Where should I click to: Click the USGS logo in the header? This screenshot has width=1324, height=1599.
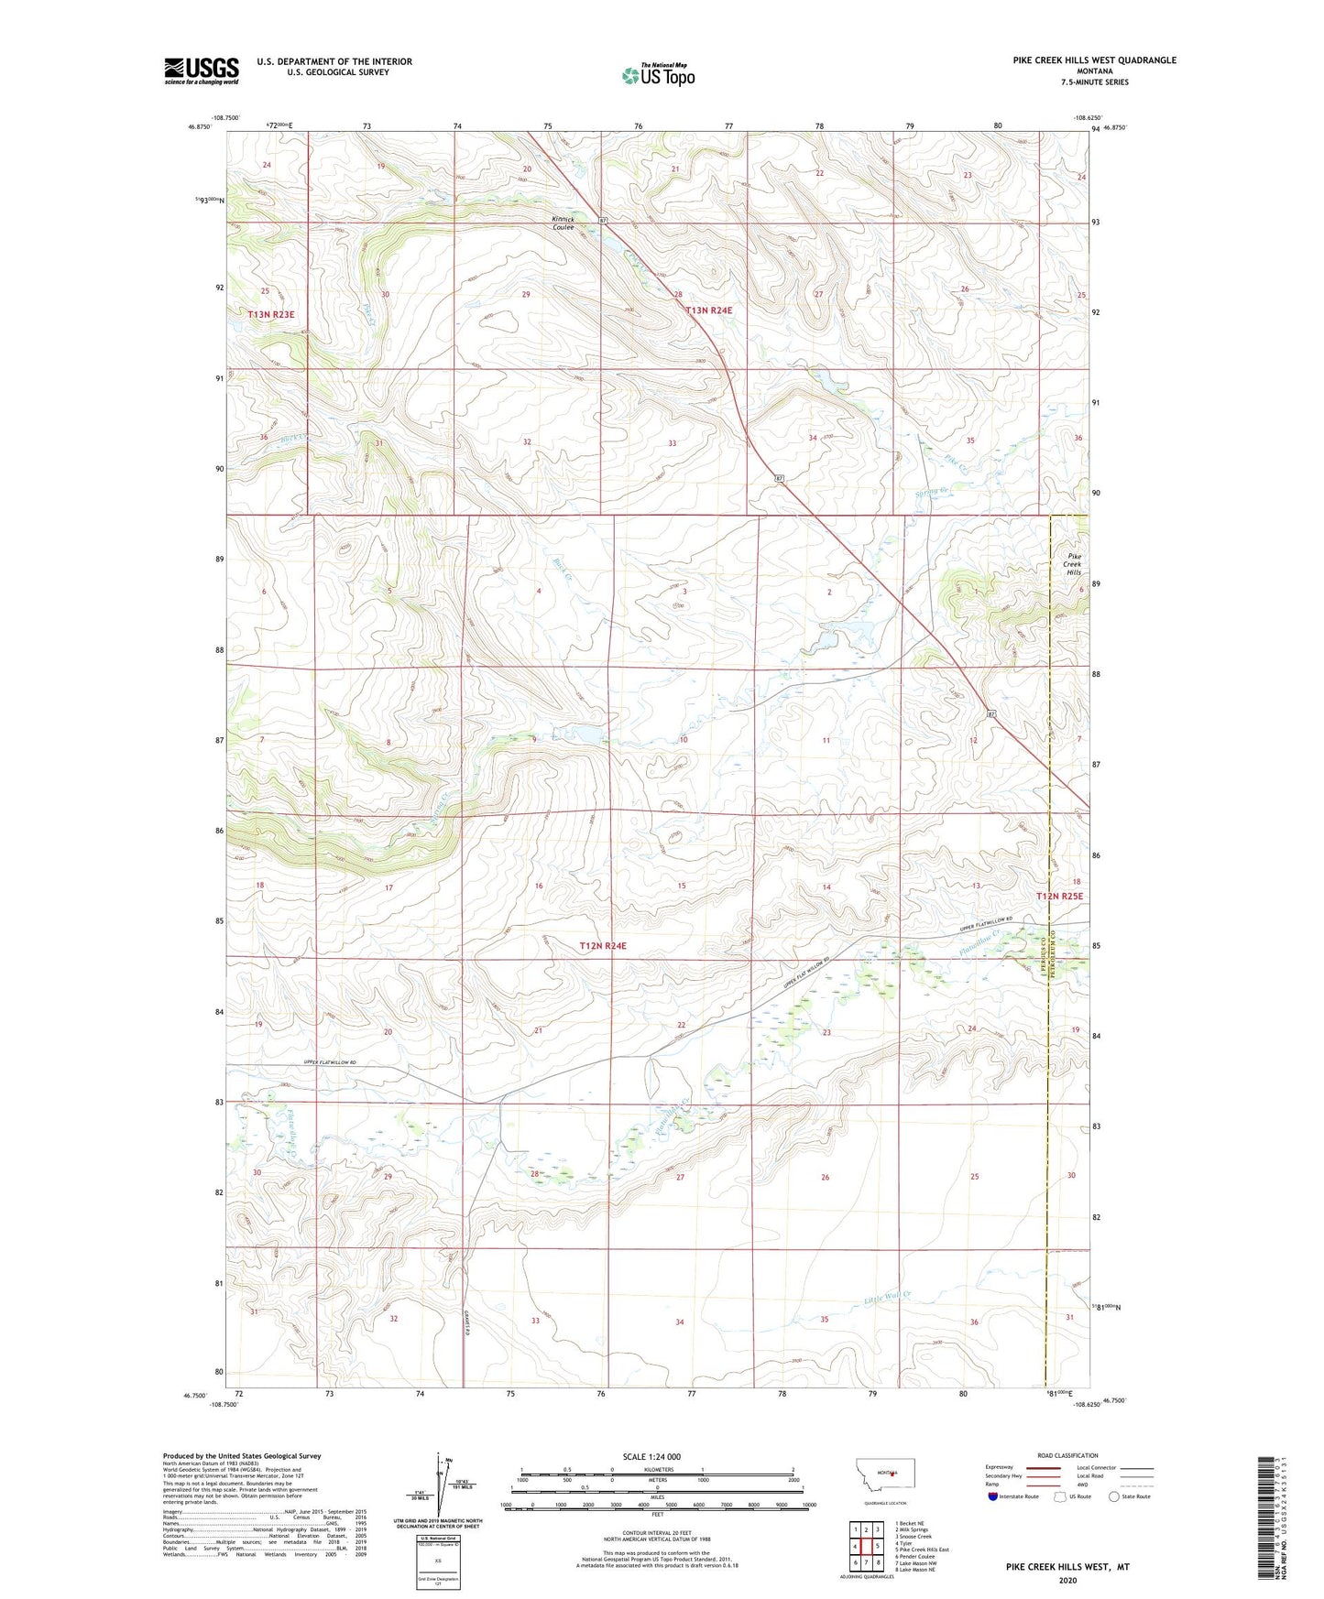coord(201,71)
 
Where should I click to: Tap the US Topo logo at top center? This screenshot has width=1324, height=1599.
coord(658,75)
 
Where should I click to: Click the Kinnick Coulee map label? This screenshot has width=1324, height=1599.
coord(563,223)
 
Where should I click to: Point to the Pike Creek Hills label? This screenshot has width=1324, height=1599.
coord(1074,564)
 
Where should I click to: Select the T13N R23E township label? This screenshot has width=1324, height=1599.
coord(271,314)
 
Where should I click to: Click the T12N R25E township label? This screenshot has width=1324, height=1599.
coord(1059,897)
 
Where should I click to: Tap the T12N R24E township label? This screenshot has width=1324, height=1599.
coord(603,945)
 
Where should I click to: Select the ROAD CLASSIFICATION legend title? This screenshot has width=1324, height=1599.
coord(1067,1455)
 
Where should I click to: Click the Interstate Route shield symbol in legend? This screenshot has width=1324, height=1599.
coord(994,1496)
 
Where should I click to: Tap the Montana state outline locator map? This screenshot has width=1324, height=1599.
coord(884,1474)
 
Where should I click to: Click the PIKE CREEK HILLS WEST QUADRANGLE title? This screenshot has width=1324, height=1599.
coord(1094,60)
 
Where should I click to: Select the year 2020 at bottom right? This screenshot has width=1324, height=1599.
coord(1067,1581)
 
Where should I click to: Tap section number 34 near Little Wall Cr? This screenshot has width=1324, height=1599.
coord(679,1322)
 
